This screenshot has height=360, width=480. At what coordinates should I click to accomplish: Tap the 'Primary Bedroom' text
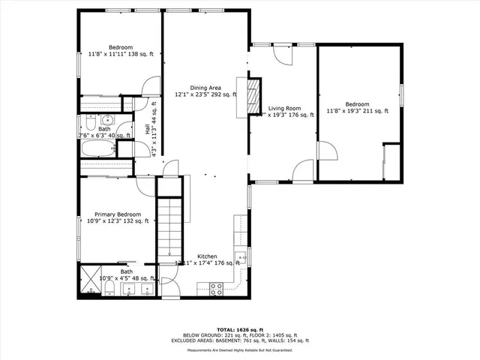[118, 214]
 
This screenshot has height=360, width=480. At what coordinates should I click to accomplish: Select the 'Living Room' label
[284, 108]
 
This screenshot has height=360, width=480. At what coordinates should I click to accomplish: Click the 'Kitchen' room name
[208, 256]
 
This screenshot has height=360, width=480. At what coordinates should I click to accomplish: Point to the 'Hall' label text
[146, 128]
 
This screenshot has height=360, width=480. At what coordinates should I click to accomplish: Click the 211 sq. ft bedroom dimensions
[357, 111]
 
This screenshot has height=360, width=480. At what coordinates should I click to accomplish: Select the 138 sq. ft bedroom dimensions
[121, 54]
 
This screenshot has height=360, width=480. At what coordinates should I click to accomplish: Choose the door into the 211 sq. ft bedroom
[327, 150]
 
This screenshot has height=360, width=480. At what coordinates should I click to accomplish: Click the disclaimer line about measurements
[239, 349]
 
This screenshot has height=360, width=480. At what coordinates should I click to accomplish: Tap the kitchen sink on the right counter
[241, 257]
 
